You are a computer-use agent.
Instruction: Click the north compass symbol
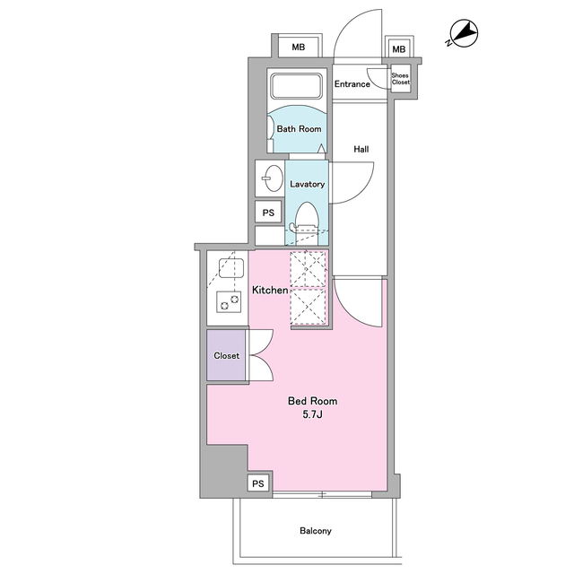tap(463, 34)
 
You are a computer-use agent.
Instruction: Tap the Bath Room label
tap(299, 129)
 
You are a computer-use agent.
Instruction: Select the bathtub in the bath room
tap(297, 87)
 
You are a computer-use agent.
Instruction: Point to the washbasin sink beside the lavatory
tap(274, 178)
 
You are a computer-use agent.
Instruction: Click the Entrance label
tap(352, 84)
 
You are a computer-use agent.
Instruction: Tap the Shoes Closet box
tap(400, 79)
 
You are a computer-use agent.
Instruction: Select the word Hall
tap(361, 149)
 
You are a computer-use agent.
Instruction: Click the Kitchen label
tap(270, 290)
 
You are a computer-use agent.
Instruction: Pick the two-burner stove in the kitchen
tap(229, 301)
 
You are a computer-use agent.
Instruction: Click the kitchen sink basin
tap(231, 268)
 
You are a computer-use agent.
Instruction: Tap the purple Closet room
tap(226, 355)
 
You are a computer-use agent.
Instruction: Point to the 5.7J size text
tap(312, 414)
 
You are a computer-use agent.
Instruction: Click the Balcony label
tap(316, 530)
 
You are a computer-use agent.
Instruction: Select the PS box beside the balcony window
tap(258, 483)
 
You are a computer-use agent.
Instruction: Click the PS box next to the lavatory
tap(268, 213)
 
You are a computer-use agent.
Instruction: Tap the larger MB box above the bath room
tap(299, 47)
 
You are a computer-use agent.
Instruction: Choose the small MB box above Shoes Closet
tap(398, 49)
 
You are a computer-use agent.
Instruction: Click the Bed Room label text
tap(313, 401)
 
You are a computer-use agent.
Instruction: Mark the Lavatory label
tap(307, 184)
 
